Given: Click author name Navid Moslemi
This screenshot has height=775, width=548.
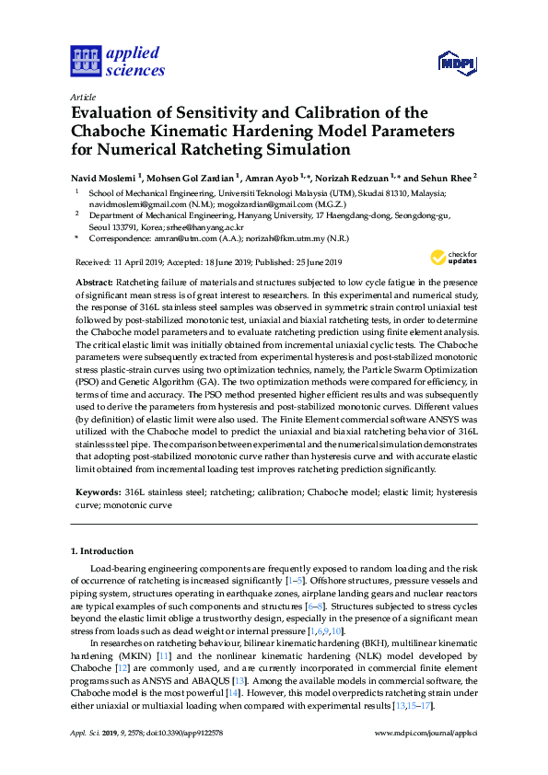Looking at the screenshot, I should (x=106, y=177).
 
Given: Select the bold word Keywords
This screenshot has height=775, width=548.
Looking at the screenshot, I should (x=96, y=493).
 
